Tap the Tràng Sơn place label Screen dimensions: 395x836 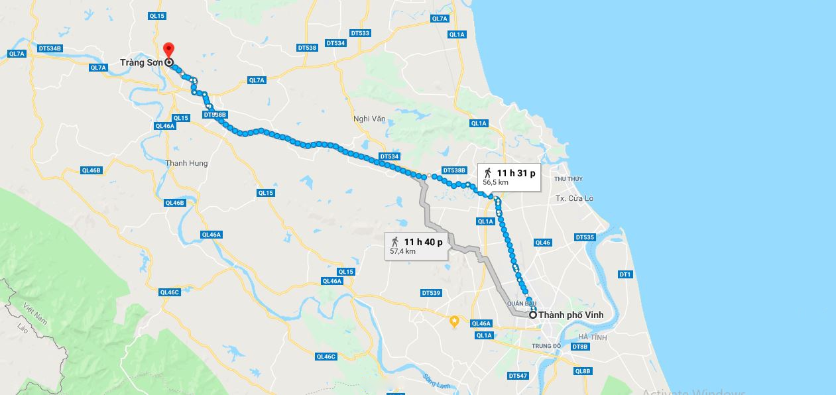coord(141,63)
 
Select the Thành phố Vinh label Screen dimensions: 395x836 coord(571,315)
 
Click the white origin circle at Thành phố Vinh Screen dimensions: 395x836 coord(532,315)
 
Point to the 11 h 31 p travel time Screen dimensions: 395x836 coord(516,174)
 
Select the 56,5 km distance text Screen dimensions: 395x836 coord(495,182)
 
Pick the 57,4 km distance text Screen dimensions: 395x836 coord(402,251)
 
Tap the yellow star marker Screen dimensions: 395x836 coord(454,321)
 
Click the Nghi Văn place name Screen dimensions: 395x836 coord(369,119)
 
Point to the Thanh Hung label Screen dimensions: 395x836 coord(186,163)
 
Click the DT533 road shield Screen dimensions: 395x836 coord(359,32)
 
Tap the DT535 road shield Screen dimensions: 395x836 coord(585,237)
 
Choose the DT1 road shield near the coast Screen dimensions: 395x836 coord(625,274)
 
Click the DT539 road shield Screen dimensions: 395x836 coord(431,293)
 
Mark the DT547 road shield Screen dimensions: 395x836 coord(518,375)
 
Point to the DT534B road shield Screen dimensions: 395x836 coord(50,48)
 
